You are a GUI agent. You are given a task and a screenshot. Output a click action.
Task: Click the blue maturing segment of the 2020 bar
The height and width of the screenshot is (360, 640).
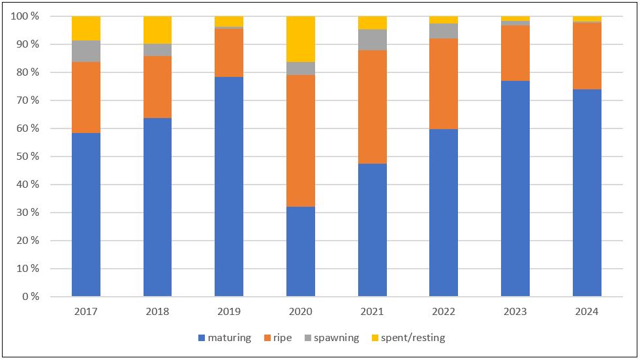tap(301, 251)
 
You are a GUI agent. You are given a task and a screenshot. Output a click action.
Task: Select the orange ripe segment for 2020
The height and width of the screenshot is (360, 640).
tap(301, 140)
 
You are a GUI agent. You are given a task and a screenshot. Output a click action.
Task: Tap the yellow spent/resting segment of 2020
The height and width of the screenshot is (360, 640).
tap(301, 38)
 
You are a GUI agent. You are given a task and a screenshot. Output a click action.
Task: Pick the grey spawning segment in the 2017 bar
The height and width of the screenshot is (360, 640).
tap(86, 51)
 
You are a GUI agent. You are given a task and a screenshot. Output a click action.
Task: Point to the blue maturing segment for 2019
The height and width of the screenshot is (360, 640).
tap(229, 187)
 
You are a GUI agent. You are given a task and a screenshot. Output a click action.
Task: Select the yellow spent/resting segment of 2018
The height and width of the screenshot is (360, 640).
tap(157, 29)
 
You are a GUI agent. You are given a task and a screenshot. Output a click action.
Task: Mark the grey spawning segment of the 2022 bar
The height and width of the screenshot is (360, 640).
tap(444, 31)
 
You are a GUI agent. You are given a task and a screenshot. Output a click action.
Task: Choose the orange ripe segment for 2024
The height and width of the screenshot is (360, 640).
tap(587, 55)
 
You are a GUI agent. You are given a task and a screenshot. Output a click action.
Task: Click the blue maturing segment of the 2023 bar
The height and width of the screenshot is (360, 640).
tap(515, 188)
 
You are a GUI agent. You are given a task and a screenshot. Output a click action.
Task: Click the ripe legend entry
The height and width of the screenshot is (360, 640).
tap(277, 338)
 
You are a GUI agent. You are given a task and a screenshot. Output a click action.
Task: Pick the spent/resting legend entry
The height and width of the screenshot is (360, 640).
tap(408, 338)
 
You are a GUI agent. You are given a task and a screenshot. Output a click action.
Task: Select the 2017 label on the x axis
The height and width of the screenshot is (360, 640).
tap(86, 312)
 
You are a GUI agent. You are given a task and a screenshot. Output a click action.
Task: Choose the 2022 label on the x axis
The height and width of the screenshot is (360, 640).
tap(444, 312)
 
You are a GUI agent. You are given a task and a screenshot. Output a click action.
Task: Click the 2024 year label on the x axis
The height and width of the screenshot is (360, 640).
tap(587, 312)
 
